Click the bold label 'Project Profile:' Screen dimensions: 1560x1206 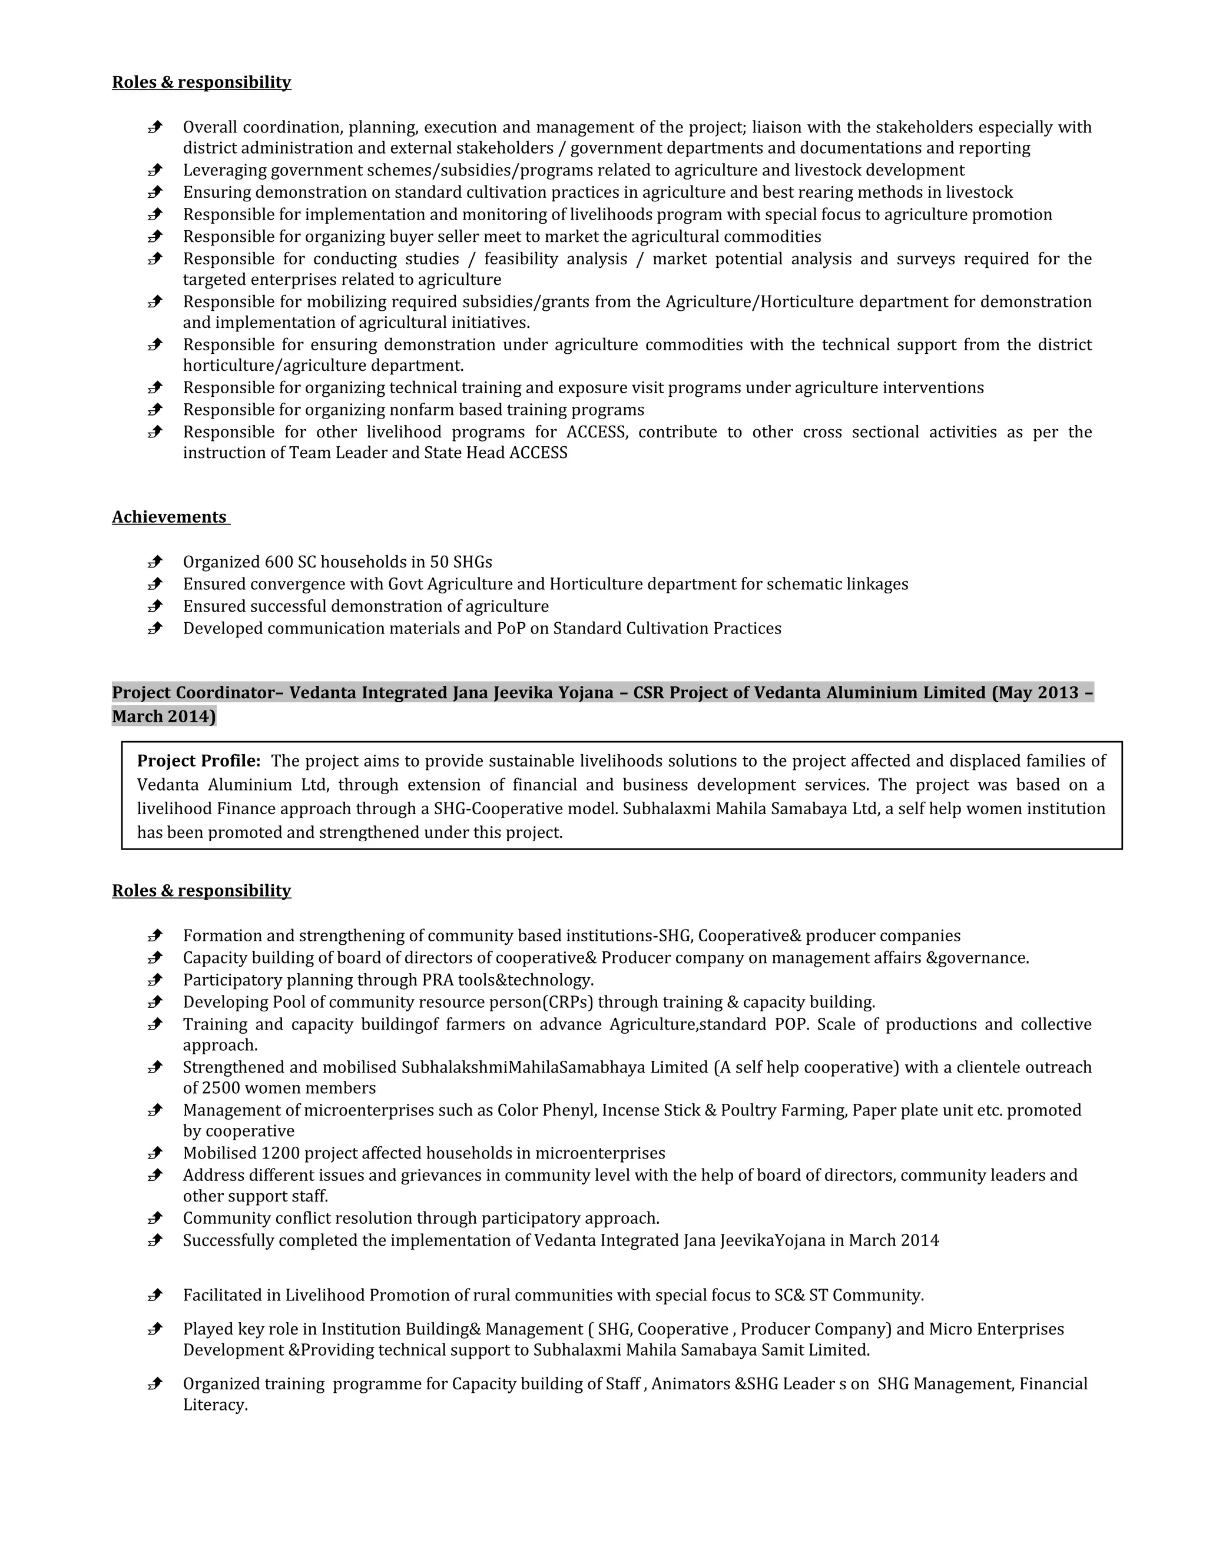pyautogui.click(x=198, y=761)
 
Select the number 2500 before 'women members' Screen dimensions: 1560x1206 pyautogui.click(x=221, y=1088)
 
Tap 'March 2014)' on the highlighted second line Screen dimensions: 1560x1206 pyautogui.click(x=164, y=716)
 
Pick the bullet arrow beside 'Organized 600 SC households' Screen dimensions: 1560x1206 pyautogui.click(x=155, y=562)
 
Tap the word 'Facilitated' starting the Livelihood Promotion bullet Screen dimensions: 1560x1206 pyautogui.click(x=231, y=1295)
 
